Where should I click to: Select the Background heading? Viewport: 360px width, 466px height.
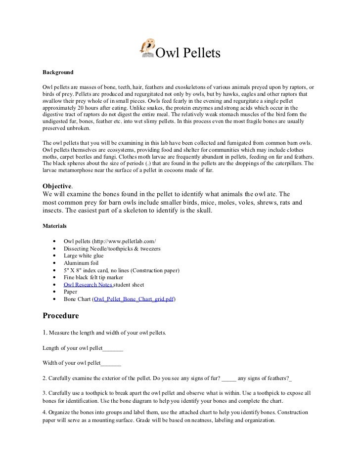tap(58, 72)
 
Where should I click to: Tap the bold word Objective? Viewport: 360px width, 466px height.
tap(57, 186)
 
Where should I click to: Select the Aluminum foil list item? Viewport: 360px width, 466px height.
tap(81, 263)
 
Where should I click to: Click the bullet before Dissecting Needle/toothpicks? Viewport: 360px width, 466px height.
tap(53, 248)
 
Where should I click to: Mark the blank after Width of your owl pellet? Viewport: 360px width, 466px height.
tap(111, 364)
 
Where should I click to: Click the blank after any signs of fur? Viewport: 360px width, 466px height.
tap(229, 379)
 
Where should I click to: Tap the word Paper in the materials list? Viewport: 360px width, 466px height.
tap(71, 292)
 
